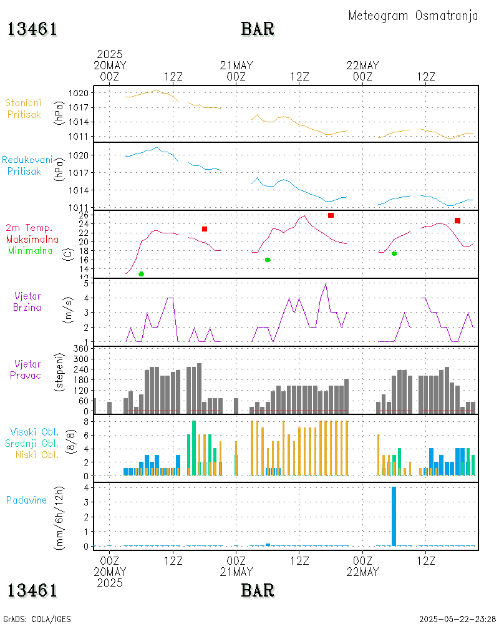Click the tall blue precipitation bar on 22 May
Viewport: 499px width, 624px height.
point(394,516)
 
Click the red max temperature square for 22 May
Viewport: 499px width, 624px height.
point(457,220)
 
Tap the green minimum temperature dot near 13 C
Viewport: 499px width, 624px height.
point(141,274)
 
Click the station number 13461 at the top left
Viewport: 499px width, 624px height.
point(32,29)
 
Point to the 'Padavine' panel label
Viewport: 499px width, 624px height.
point(26,500)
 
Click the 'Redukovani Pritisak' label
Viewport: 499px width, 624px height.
point(27,165)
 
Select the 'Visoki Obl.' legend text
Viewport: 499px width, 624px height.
point(34,432)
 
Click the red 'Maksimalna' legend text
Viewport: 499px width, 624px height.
point(32,239)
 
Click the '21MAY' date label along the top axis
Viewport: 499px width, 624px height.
point(236,65)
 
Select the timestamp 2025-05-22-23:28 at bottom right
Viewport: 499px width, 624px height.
point(457,619)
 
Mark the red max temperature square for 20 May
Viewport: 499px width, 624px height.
point(205,229)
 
